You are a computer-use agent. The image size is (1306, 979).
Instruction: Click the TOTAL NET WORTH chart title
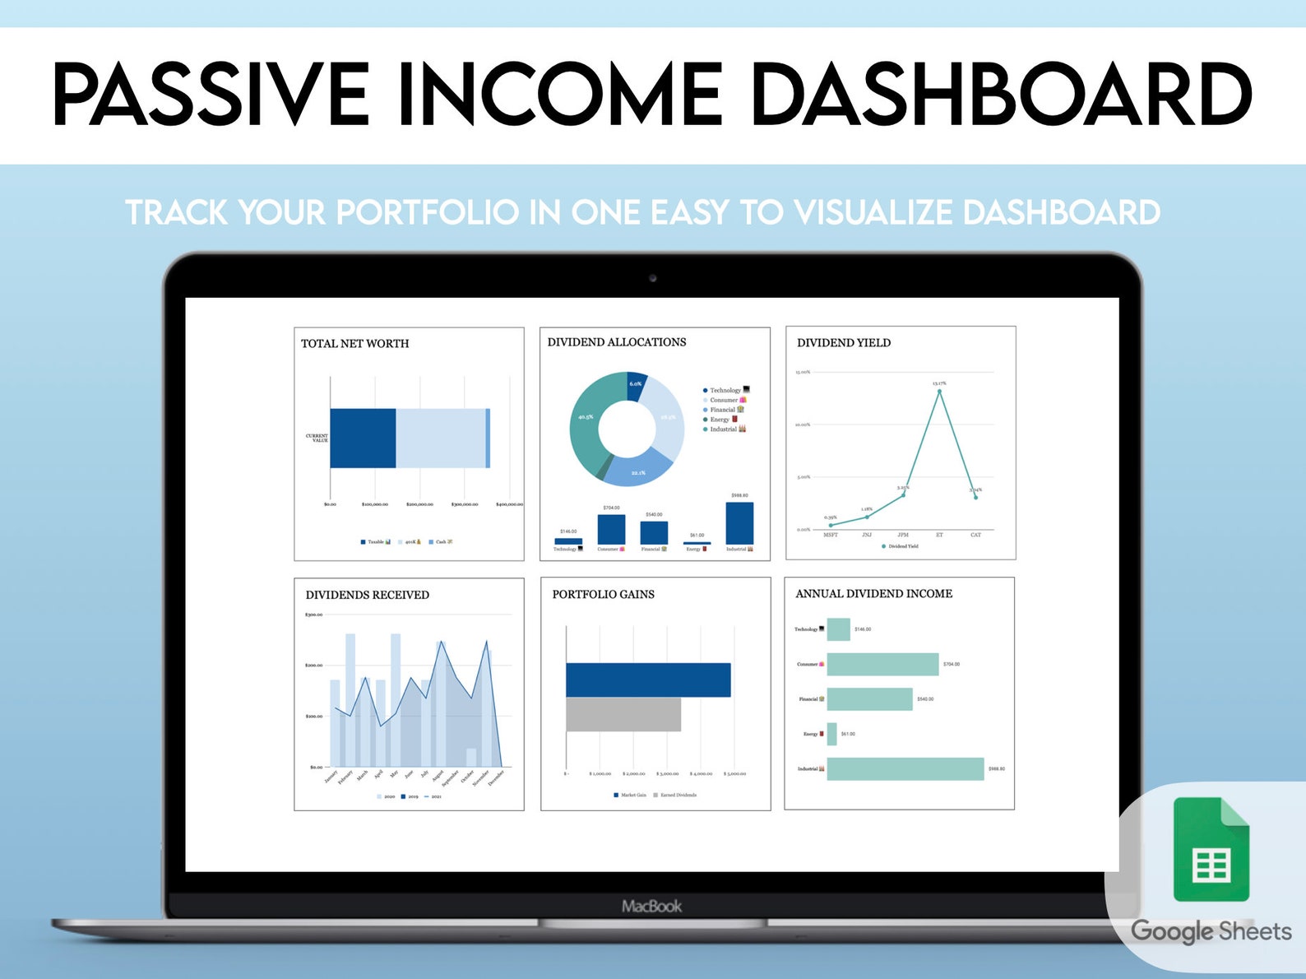click(x=354, y=344)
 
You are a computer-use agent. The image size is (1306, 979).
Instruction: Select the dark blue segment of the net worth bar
click(x=363, y=438)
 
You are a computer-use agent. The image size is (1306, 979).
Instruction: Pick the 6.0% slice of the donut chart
click(x=636, y=385)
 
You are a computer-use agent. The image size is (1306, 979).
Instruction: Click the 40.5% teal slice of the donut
click(x=586, y=420)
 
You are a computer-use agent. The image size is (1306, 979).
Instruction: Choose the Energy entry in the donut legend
click(x=720, y=420)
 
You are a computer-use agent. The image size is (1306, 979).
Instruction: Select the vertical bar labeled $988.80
click(x=739, y=522)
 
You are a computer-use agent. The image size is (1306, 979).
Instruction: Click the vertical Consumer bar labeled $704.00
click(x=611, y=529)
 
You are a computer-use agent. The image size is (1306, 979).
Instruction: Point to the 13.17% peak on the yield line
click(x=939, y=391)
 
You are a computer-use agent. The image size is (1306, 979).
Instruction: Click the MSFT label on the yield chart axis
click(x=831, y=536)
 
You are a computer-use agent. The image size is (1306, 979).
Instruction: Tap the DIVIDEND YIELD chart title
click(x=843, y=343)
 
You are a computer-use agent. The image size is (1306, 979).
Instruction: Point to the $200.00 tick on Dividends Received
click(x=313, y=665)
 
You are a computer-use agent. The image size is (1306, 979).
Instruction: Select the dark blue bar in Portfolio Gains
click(x=648, y=680)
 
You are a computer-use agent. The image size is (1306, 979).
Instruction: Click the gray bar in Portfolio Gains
click(x=623, y=714)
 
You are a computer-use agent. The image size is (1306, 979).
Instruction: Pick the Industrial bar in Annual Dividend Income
click(x=905, y=768)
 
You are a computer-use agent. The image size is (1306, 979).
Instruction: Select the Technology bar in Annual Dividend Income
click(x=838, y=629)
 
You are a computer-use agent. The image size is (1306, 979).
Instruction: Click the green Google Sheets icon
click(x=1211, y=849)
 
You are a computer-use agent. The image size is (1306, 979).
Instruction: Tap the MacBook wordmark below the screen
click(x=651, y=906)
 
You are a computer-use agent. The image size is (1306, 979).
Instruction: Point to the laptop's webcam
click(x=653, y=278)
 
